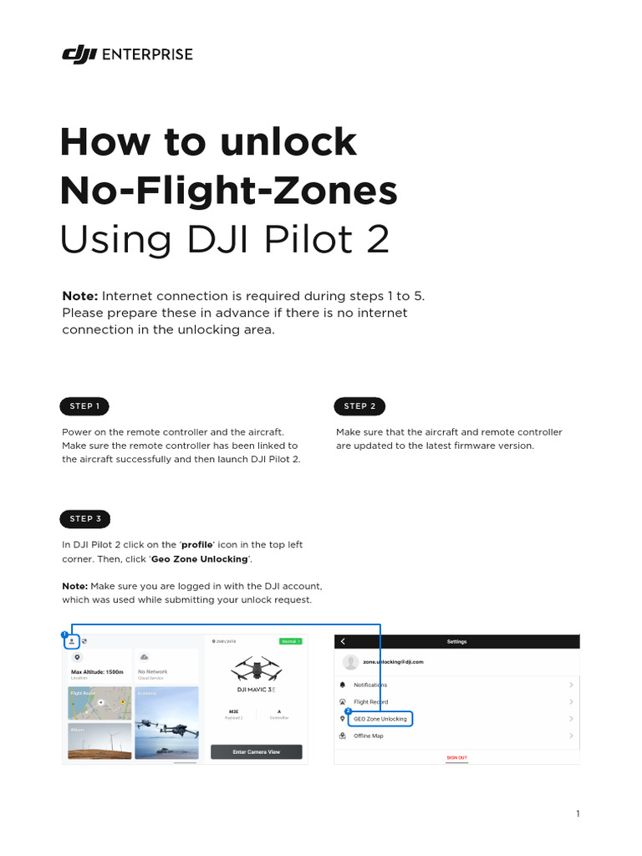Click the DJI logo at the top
click(79, 54)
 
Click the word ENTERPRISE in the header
click(148, 54)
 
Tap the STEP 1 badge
click(85, 406)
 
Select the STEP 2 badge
click(359, 406)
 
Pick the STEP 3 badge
click(85, 518)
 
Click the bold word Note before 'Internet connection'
click(80, 296)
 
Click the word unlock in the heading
click(288, 142)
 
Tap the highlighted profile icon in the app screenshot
click(72, 641)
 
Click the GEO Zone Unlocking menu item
click(380, 719)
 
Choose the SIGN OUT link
click(456, 757)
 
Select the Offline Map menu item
click(368, 736)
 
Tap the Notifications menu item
click(370, 685)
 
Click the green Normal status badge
click(291, 641)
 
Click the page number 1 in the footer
click(577, 814)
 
